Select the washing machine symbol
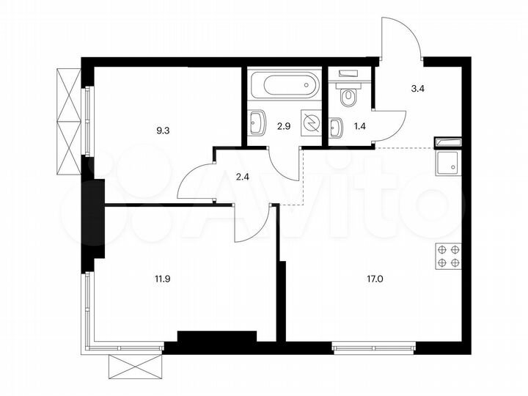coord(312,124)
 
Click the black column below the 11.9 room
coord(216,337)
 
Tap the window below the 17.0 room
coord(373,343)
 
